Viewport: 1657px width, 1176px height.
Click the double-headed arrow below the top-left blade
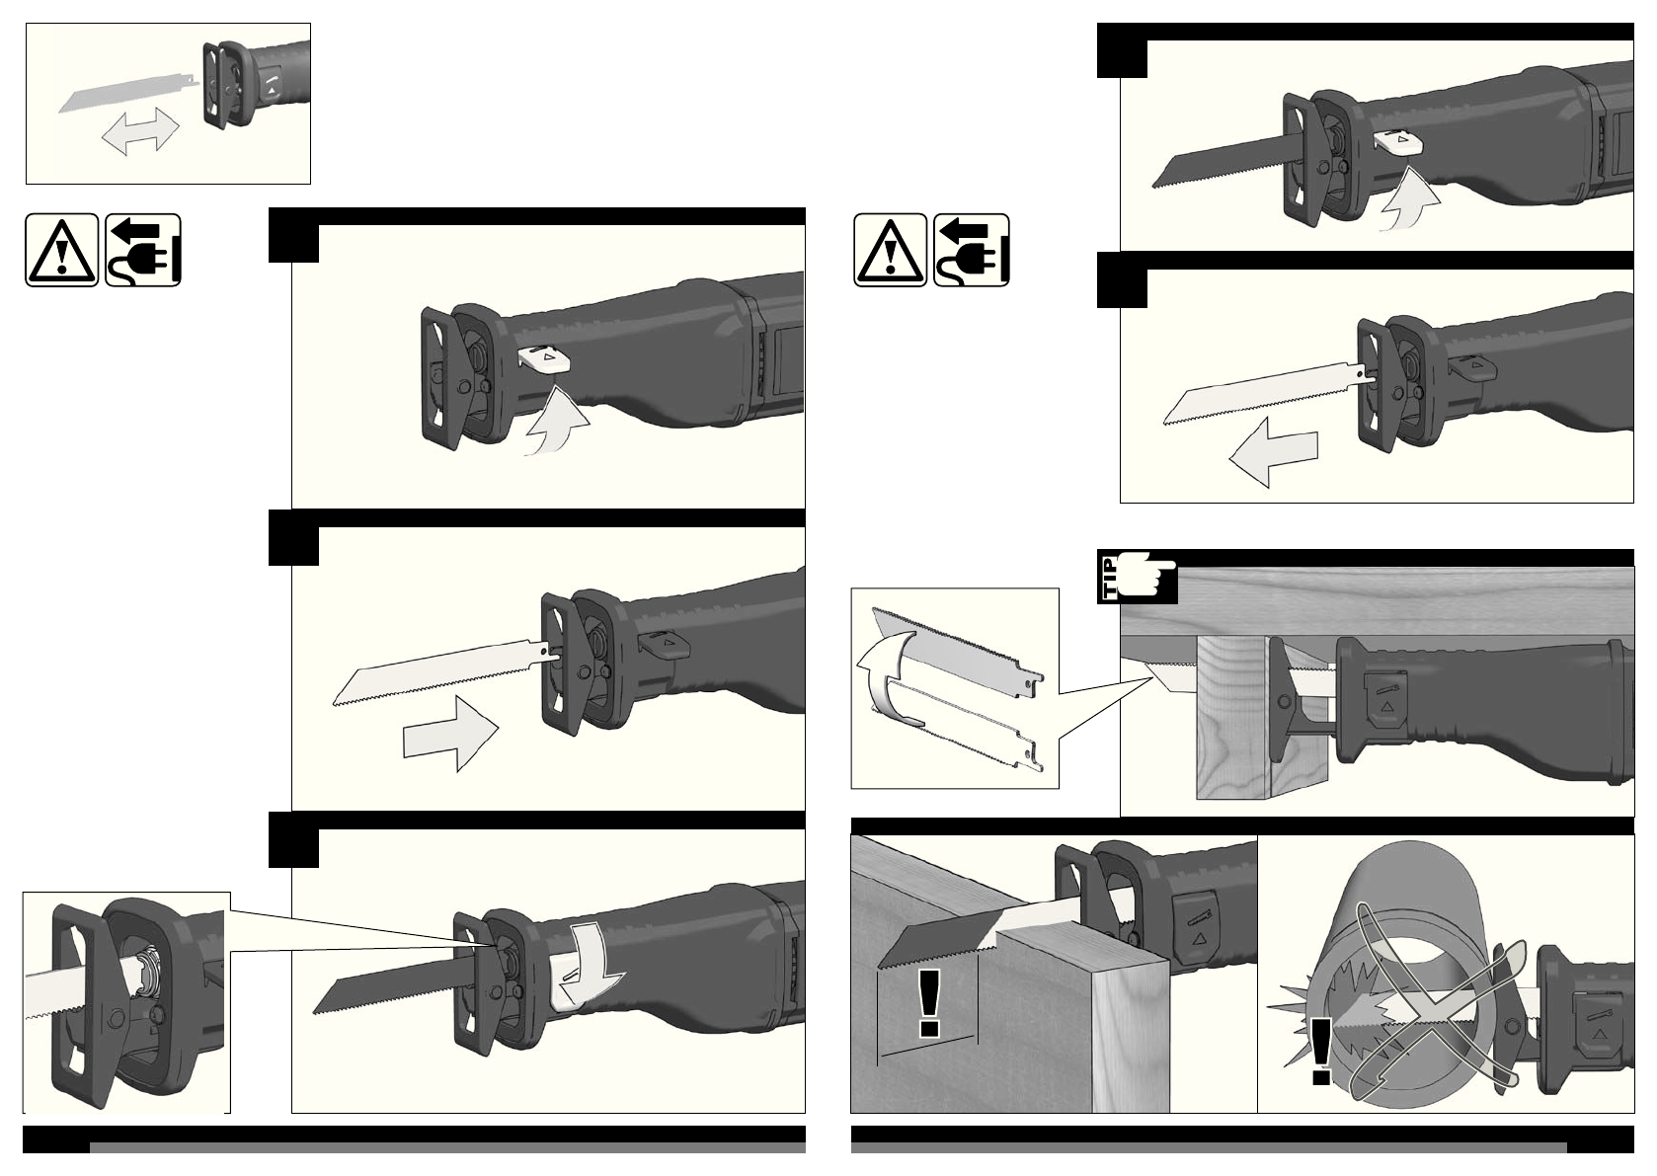tap(140, 132)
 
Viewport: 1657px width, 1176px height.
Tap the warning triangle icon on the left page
tap(61, 250)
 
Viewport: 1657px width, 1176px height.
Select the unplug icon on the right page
tap(972, 250)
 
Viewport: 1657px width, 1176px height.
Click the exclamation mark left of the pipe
tap(1322, 1053)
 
